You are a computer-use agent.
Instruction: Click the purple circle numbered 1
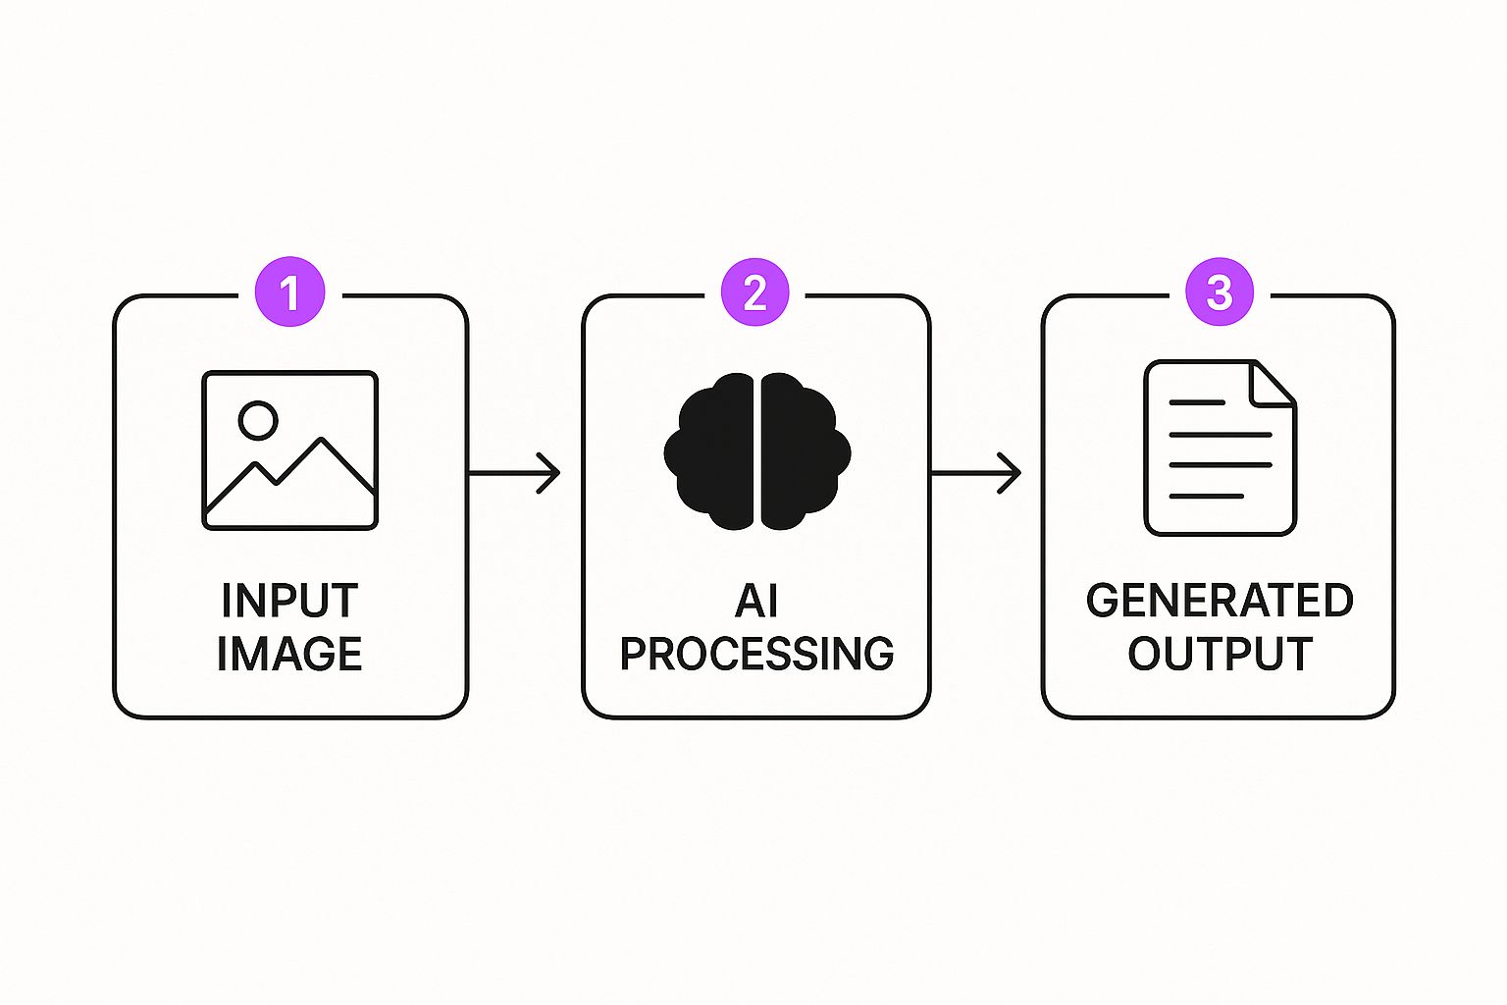(289, 292)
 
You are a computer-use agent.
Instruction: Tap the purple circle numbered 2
(754, 292)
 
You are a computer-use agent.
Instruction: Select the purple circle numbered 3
(1219, 292)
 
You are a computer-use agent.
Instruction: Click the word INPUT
(289, 601)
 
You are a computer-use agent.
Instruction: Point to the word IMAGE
(289, 654)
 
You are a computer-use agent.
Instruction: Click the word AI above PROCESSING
(755, 601)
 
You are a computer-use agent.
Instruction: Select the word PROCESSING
(756, 654)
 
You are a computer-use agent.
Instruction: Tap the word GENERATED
(1220, 601)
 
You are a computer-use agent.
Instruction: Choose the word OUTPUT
(1220, 654)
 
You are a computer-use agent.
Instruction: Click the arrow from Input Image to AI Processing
(514, 473)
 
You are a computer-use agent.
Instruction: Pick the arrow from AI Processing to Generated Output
(976, 473)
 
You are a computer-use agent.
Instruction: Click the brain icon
(756, 451)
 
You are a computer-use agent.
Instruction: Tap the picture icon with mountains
(289, 450)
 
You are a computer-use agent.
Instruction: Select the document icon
(1220, 448)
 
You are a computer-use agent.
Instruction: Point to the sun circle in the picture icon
(258, 420)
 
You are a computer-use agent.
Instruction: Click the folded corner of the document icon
(1274, 383)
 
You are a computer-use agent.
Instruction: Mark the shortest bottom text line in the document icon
(1207, 497)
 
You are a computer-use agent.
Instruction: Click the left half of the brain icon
(711, 451)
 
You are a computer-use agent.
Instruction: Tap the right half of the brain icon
(801, 451)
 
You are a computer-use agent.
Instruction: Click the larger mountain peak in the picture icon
(322, 444)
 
